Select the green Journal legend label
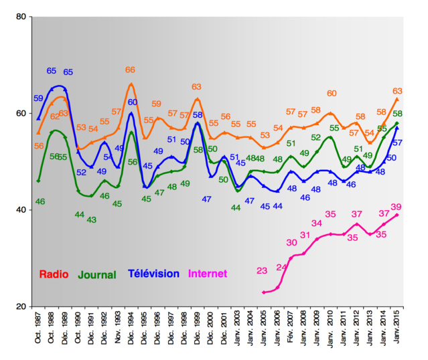pyautogui.click(x=98, y=274)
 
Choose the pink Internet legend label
pyautogui.click(x=208, y=274)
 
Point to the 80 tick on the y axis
pyautogui.click(x=20, y=17)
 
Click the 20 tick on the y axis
pyautogui.click(x=20, y=306)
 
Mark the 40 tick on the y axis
pyautogui.click(x=20, y=210)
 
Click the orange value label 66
pyautogui.click(x=131, y=70)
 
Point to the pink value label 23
pyautogui.click(x=262, y=270)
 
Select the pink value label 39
pyautogui.click(x=397, y=207)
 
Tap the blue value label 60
pyautogui.click(x=133, y=102)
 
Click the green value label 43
pyautogui.click(x=92, y=219)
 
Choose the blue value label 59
pyautogui.click(x=38, y=98)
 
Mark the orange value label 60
pyautogui.click(x=332, y=94)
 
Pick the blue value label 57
pyautogui.click(x=397, y=143)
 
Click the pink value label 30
pyautogui.click(x=291, y=242)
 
